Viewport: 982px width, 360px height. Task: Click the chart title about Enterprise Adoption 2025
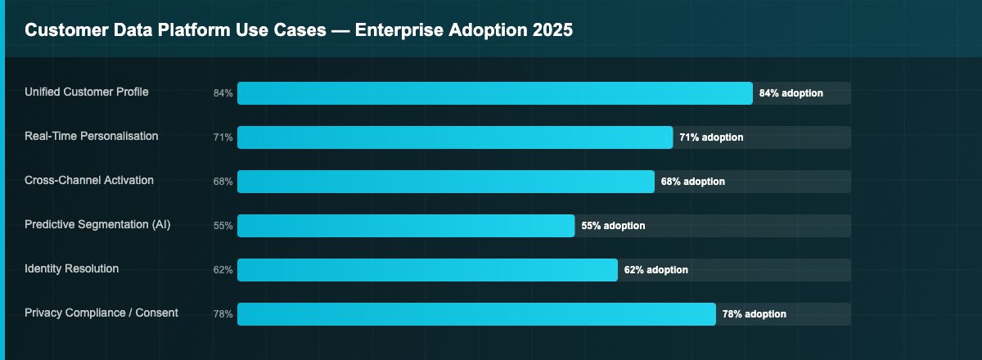(x=298, y=30)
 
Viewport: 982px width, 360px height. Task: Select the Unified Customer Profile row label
(x=87, y=92)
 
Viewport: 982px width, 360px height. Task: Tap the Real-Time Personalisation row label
(x=92, y=136)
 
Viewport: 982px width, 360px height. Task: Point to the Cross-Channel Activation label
(x=89, y=180)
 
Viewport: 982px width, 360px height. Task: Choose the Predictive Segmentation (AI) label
(x=97, y=224)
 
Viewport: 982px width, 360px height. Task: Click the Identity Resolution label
(x=72, y=268)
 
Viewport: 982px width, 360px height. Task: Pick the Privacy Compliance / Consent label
(x=101, y=313)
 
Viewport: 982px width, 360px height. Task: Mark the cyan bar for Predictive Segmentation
(x=406, y=226)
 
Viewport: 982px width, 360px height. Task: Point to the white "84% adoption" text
(x=791, y=93)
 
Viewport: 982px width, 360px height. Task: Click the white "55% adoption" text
(x=613, y=226)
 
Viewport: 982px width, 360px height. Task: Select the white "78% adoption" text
(x=754, y=314)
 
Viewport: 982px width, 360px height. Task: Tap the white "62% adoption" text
(x=655, y=270)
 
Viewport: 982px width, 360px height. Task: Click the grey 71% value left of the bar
(x=223, y=137)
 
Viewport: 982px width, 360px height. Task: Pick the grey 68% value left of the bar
(x=223, y=182)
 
